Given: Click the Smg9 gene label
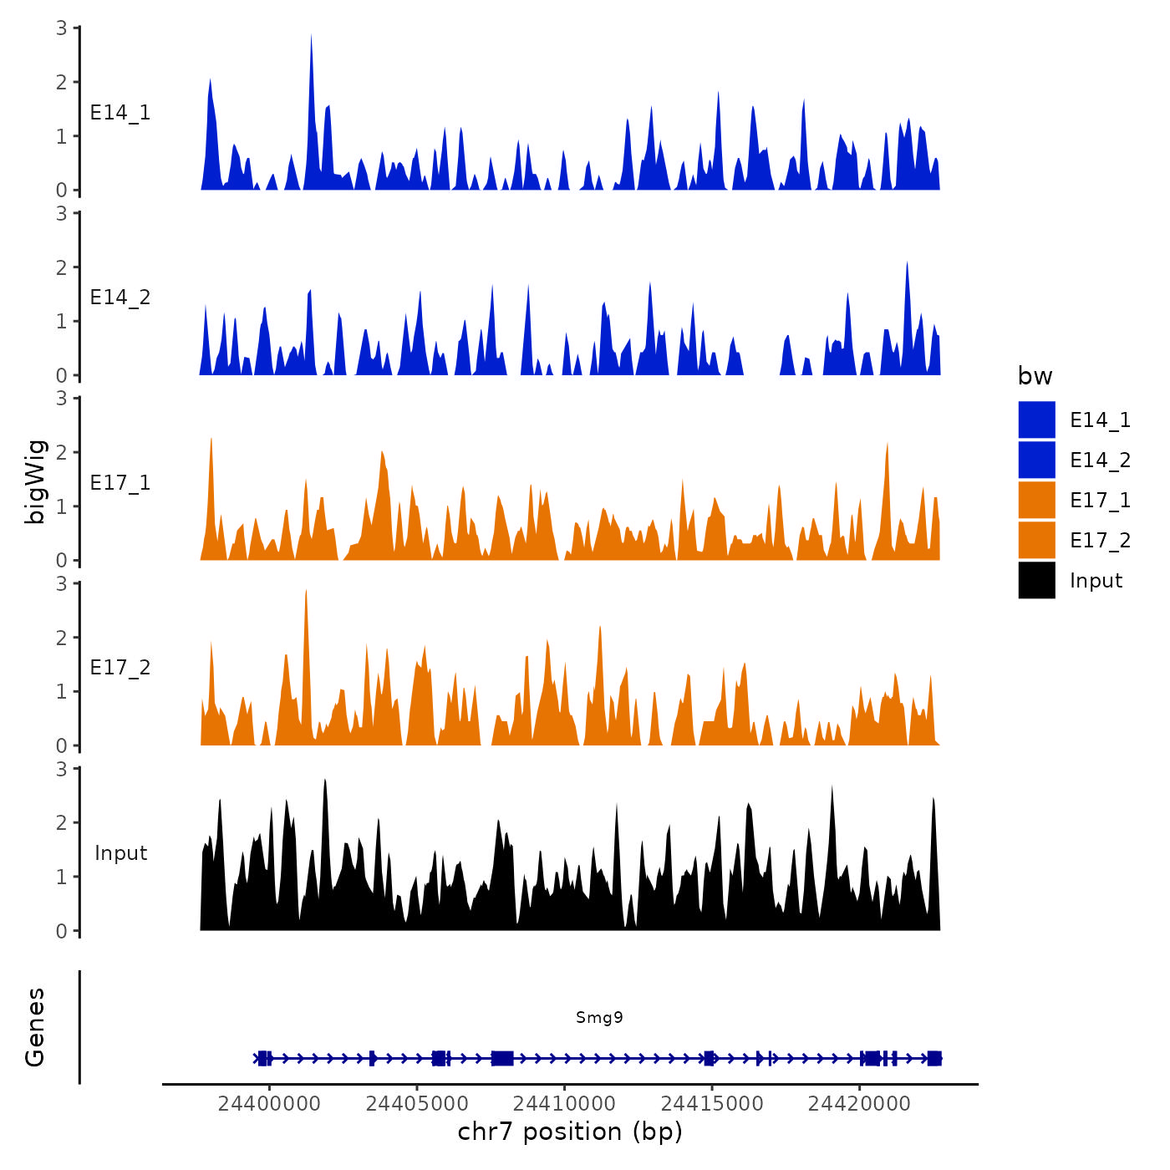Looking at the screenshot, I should coord(599,1017).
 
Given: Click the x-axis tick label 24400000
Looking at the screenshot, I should coord(269,1104).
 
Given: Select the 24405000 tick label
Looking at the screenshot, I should coord(417,1104).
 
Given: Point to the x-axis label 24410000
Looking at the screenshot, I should coord(564,1104).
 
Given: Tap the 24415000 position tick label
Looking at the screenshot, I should coord(712,1104).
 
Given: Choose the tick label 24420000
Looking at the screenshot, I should coord(859,1104).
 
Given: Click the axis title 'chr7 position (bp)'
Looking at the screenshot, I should coord(570,1132).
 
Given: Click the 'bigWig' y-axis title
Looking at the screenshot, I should coord(35,482).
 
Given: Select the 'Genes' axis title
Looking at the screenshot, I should coord(35,1027).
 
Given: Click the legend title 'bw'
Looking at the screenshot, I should coord(1035,376).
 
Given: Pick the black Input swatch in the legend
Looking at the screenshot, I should coord(1036,580).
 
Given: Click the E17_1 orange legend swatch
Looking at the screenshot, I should coord(1036,500).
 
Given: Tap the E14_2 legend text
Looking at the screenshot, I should coord(1100,460).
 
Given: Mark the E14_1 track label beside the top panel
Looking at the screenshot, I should coord(120,113).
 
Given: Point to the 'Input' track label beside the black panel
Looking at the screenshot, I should coord(120,853).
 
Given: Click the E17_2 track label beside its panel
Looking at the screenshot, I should coord(120,668).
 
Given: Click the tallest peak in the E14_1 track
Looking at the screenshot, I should coord(311,38).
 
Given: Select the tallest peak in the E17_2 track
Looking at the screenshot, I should coord(306,593).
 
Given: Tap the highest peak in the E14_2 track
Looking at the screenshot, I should coord(907,265).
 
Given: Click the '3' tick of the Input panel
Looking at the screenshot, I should coord(62,769).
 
